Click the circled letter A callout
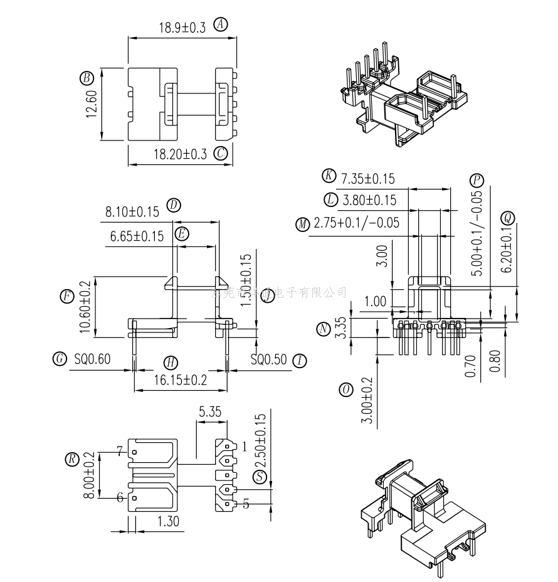pyautogui.click(x=221, y=25)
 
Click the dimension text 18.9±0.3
pyautogui.click(x=182, y=28)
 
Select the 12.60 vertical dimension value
pyautogui.click(x=91, y=104)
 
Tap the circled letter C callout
pyautogui.click(x=220, y=154)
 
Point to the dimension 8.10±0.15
pyautogui.click(x=132, y=212)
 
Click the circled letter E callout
pyautogui.click(x=182, y=235)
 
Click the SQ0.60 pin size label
pyautogui.click(x=92, y=359)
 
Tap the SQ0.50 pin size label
pyautogui.click(x=268, y=360)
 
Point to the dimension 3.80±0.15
pyautogui.click(x=369, y=200)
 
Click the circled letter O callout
pyautogui.click(x=345, y=389)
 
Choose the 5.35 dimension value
pyautogui.click(x=210, y=412)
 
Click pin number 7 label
pyautogui.click(x=118, y=450)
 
